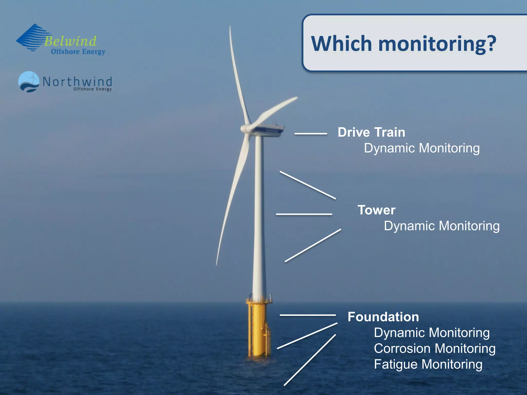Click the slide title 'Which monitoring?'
click(x=403, y=44)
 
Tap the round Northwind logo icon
click(x=29, y=82)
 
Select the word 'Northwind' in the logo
click(x=77, y=82)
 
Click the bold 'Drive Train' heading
click(x=371, y=132)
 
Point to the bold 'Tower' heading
click(x=376, y=210)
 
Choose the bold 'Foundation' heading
click(x=383, y=317)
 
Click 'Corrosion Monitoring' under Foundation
click(x=435, y=348)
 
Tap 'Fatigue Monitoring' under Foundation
click(x=428, y=364)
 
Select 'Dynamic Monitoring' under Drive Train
click(x=422, y=148)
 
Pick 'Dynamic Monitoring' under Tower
click(x=442, y=226)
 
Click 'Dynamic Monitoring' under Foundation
click(x=432, y=333)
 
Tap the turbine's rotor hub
click(x=245, y=129)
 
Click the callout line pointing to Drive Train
click(x=311, y=134)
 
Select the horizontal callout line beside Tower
click(x=304, y=214)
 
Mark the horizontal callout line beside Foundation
click(x=308, y=315)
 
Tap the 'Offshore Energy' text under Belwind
click(x=78, y=52)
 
